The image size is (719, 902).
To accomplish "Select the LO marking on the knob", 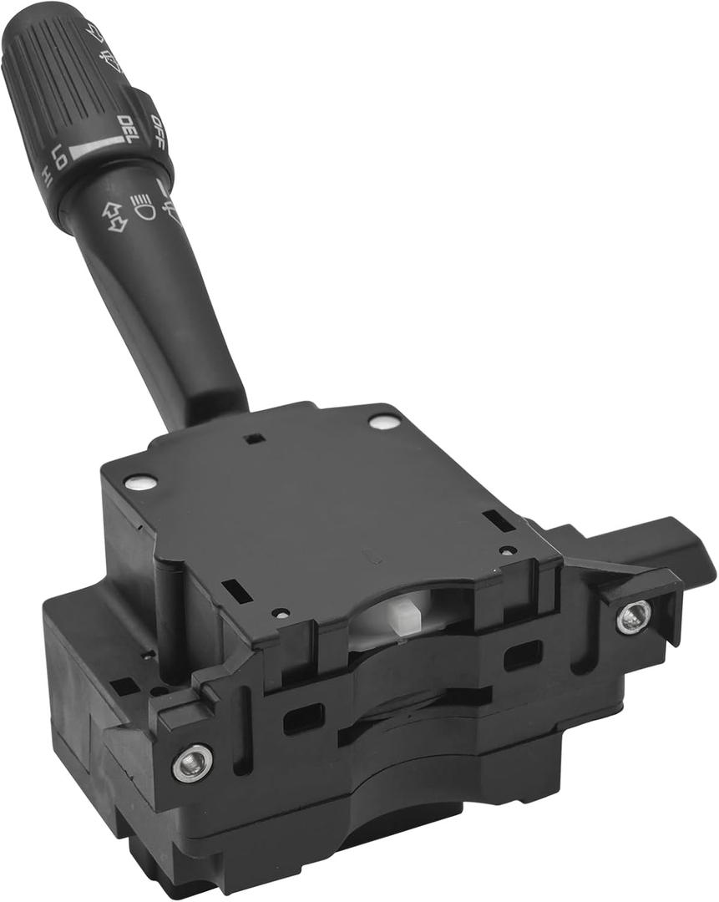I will click(x=59, y=156).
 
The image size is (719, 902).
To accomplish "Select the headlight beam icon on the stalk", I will click(x=144, y=205).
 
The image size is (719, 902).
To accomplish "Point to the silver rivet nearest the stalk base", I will click(x=384, y=422).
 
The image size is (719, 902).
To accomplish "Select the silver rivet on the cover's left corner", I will click(x=139, y=482).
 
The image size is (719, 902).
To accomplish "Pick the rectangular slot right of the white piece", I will click(x=524, y=654).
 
